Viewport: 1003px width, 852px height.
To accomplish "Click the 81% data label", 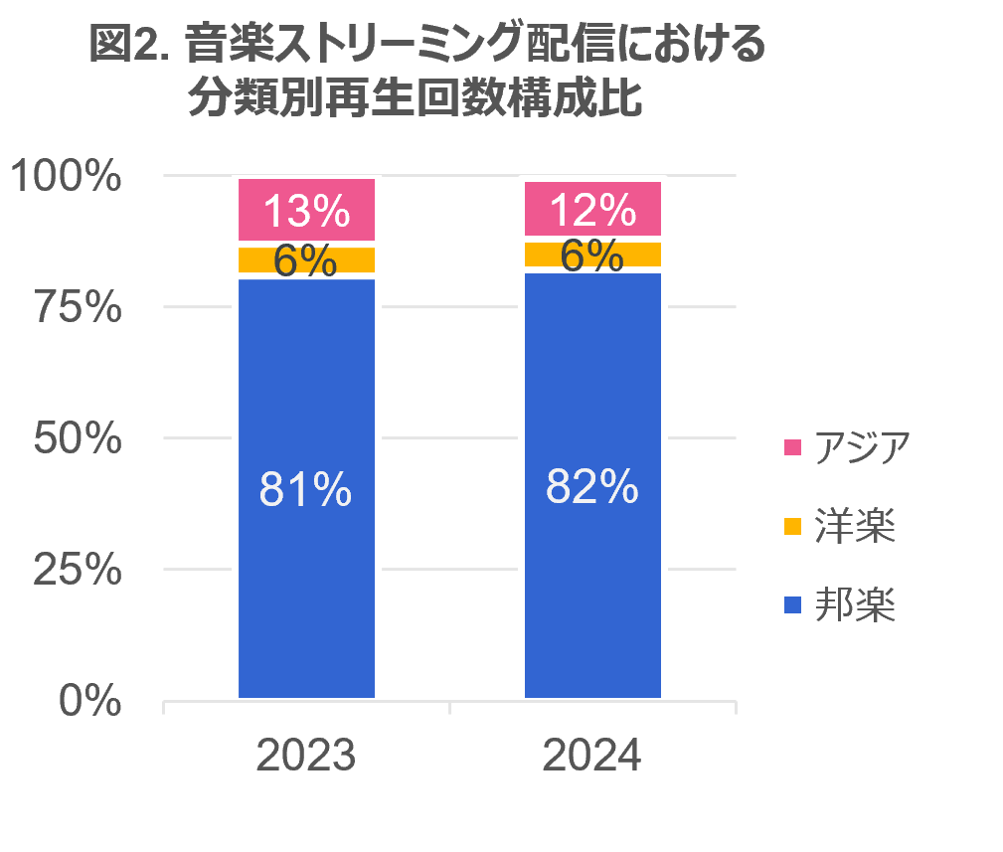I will (306, 490).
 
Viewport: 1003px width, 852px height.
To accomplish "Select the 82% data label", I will (592, 487).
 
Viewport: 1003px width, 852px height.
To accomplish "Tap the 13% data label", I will (306, 211).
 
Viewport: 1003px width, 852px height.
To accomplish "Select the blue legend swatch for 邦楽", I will (792, 604).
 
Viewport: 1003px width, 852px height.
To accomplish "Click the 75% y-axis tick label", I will (78, 308).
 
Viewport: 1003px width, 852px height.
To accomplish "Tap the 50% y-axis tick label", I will (78, 438).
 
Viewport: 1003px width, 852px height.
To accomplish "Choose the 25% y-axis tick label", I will (78, 570).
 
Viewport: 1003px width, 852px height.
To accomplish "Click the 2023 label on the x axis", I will (306, 757).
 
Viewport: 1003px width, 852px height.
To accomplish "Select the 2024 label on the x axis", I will (592, 757).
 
